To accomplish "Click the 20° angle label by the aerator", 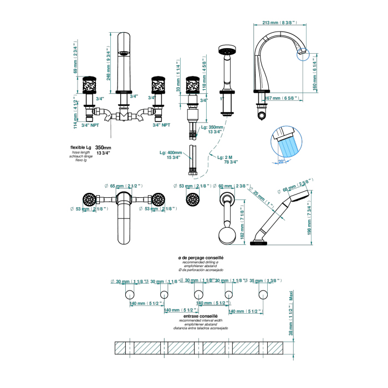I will [x=281, y=161].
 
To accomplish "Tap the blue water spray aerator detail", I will [x=288, y=143].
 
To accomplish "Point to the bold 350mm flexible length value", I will [x=103, y=147].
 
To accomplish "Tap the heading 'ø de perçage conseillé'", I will [x=193, y=258].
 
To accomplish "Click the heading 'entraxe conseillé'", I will [x=193, y=316].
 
